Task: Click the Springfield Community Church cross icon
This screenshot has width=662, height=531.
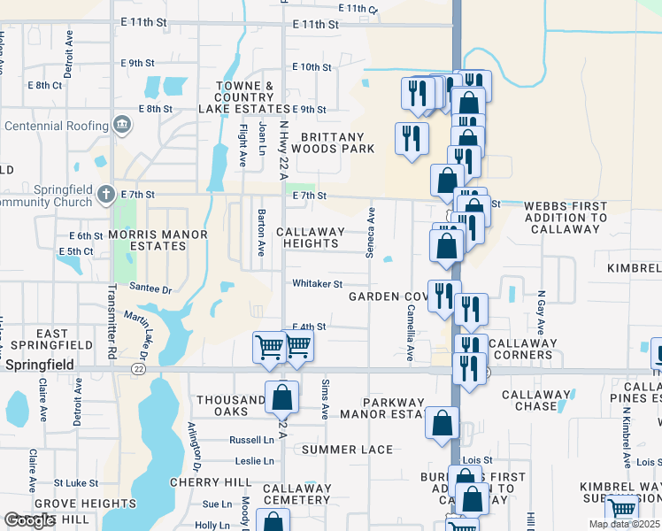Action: click(x=105, y=193)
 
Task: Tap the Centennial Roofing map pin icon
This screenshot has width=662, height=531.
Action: click(x=123, y=126)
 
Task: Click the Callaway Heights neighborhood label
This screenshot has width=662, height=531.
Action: click(x=310, y=238)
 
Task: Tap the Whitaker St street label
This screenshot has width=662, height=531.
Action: click(x=318, y=284)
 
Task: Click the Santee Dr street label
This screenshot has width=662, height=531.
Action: click(x=150, y=289)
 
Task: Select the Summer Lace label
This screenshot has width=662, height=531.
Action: click(x=347, y=450)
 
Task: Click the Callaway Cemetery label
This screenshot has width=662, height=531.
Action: click(x=296, y=494)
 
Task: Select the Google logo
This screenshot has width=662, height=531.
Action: click(x=29, y=520)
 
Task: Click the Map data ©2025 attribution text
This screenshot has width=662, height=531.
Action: click(x=625, y=525)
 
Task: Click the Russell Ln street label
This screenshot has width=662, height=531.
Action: click(x=251, y=440)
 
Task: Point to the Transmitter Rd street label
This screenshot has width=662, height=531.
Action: click(x=112, y=291)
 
